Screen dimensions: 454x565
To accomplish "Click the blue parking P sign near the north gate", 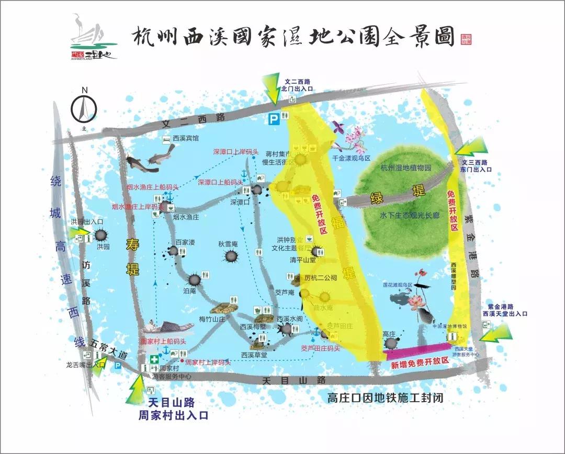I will (274, 119).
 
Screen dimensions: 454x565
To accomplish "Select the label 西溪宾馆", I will (186, 139).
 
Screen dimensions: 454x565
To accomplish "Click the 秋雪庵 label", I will (228, 244).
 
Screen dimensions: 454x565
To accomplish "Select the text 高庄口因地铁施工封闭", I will (385, 397).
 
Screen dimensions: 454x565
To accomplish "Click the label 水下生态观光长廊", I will (410, 215).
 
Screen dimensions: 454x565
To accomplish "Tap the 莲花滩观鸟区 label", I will (397, 285).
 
